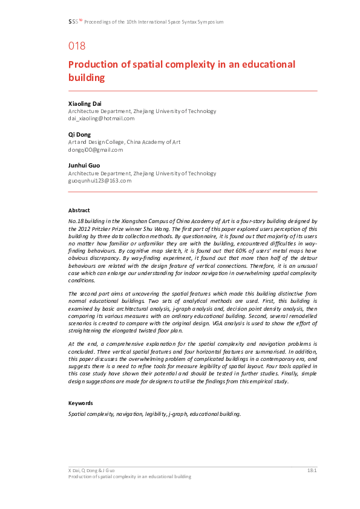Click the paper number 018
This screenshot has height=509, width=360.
77,46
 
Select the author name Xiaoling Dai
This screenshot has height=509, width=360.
85,103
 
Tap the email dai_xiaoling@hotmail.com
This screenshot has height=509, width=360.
101,118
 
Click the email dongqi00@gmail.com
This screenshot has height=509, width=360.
96,149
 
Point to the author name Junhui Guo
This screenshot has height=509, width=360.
84,165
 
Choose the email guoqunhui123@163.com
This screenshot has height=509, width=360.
100,180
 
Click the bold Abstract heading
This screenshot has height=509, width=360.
79,210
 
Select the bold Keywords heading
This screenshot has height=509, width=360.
81,403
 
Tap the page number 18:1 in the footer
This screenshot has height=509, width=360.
312,470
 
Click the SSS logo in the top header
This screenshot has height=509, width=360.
74,22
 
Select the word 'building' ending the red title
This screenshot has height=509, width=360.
87,78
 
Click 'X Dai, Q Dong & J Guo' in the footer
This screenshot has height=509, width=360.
91,470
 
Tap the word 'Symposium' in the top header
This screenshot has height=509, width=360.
211,22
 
